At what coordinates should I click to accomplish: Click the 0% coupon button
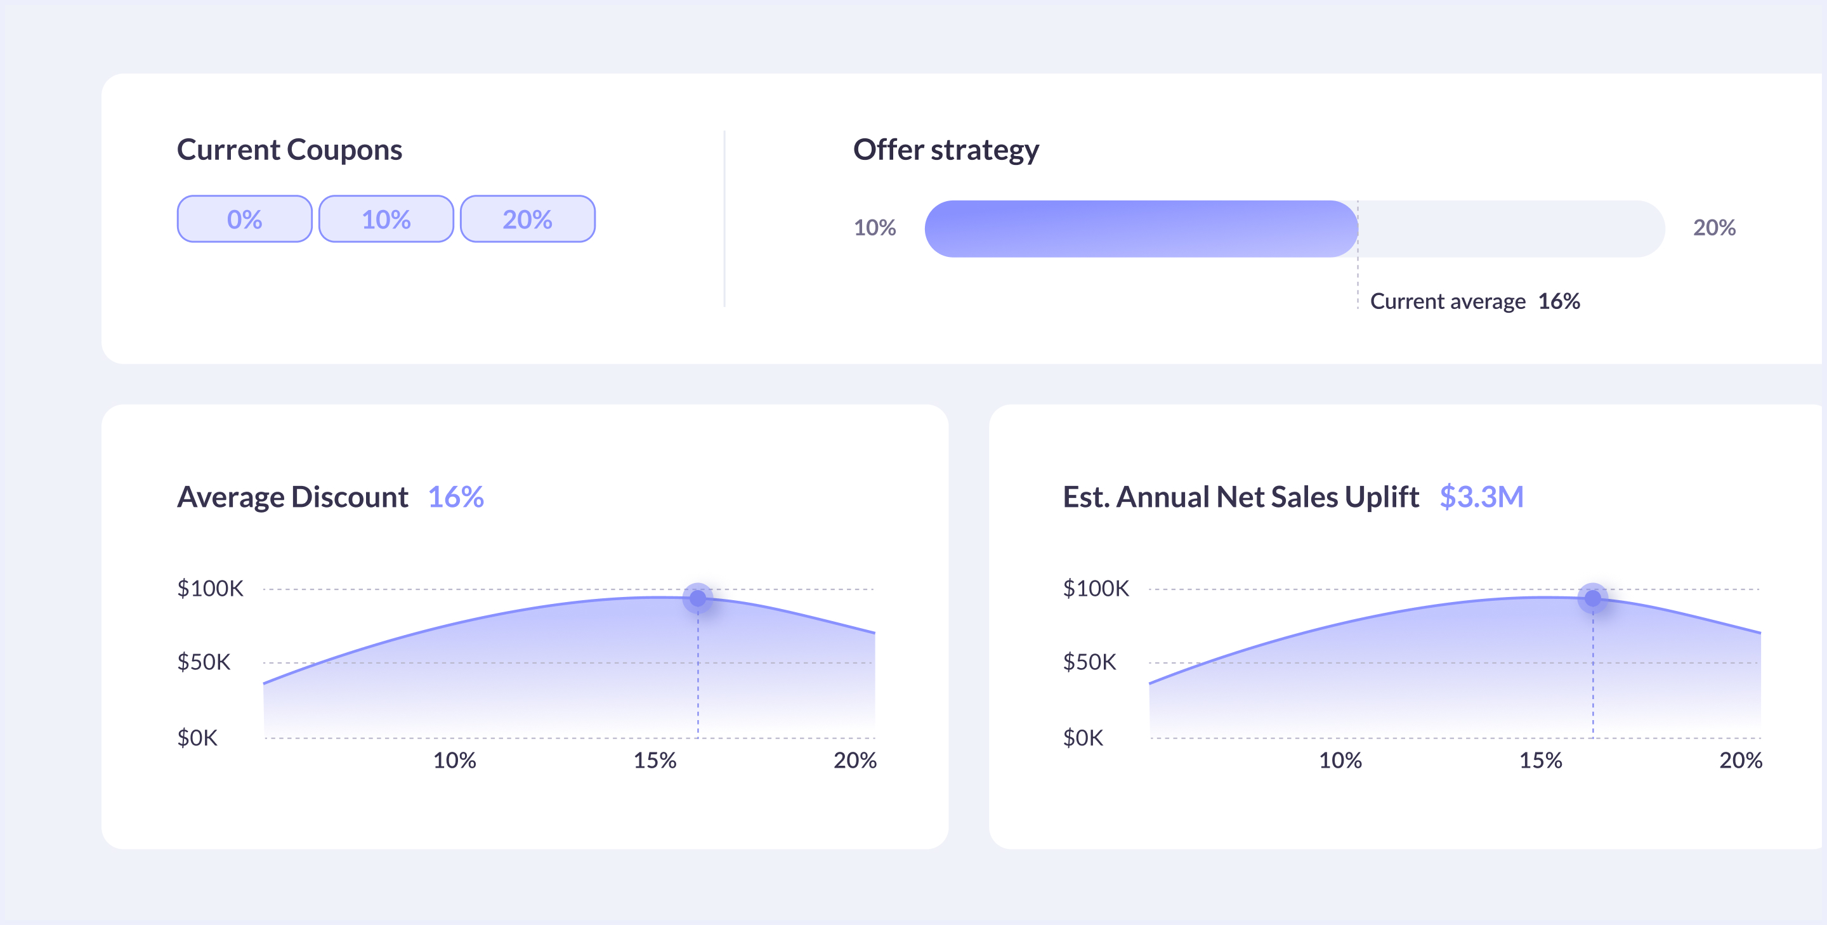244,219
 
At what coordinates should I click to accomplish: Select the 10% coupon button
386,219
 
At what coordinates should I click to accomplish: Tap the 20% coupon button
527,219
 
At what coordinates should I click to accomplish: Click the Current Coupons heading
289,150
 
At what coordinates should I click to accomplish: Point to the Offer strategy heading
945,150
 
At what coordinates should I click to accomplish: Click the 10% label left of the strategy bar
875,228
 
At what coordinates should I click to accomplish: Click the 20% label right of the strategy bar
1713,228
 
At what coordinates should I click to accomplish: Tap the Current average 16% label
1474,301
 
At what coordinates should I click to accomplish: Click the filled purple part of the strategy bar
1141,228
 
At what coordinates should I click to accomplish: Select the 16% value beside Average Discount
455,497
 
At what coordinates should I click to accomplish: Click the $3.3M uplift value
1481,497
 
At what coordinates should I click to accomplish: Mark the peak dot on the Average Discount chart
698,599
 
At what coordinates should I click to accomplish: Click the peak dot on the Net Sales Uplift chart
1592,599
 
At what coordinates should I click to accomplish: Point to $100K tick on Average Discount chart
210,588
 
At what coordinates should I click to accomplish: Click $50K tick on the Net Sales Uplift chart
1089,662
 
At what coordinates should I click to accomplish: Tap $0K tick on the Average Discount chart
197,738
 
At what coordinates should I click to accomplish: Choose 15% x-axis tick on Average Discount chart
655,761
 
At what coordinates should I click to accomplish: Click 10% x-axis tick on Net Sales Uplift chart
1340,761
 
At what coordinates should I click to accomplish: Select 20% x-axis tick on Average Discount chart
855,761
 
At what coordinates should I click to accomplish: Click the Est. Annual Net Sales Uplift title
1240,497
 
